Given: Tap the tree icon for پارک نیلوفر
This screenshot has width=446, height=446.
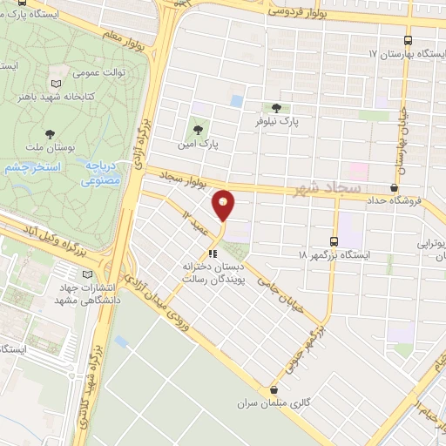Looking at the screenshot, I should (x=276, y=109).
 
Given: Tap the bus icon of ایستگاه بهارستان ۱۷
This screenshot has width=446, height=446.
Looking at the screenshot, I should (x=409, y=40).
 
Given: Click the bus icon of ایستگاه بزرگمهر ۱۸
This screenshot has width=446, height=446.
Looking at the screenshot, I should (x=334, y=241).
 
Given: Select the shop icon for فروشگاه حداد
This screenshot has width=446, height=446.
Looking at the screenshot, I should (x=395, y=186).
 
